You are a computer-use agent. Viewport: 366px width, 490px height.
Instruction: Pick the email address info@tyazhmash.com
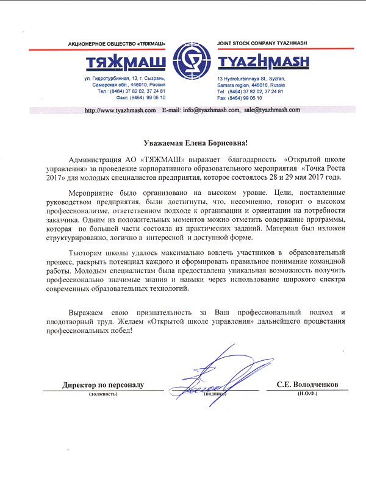coord(210,110)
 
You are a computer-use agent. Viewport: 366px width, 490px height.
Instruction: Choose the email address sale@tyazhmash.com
coord(272,110)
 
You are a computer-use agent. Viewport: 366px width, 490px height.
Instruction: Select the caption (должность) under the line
coord(102,394)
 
